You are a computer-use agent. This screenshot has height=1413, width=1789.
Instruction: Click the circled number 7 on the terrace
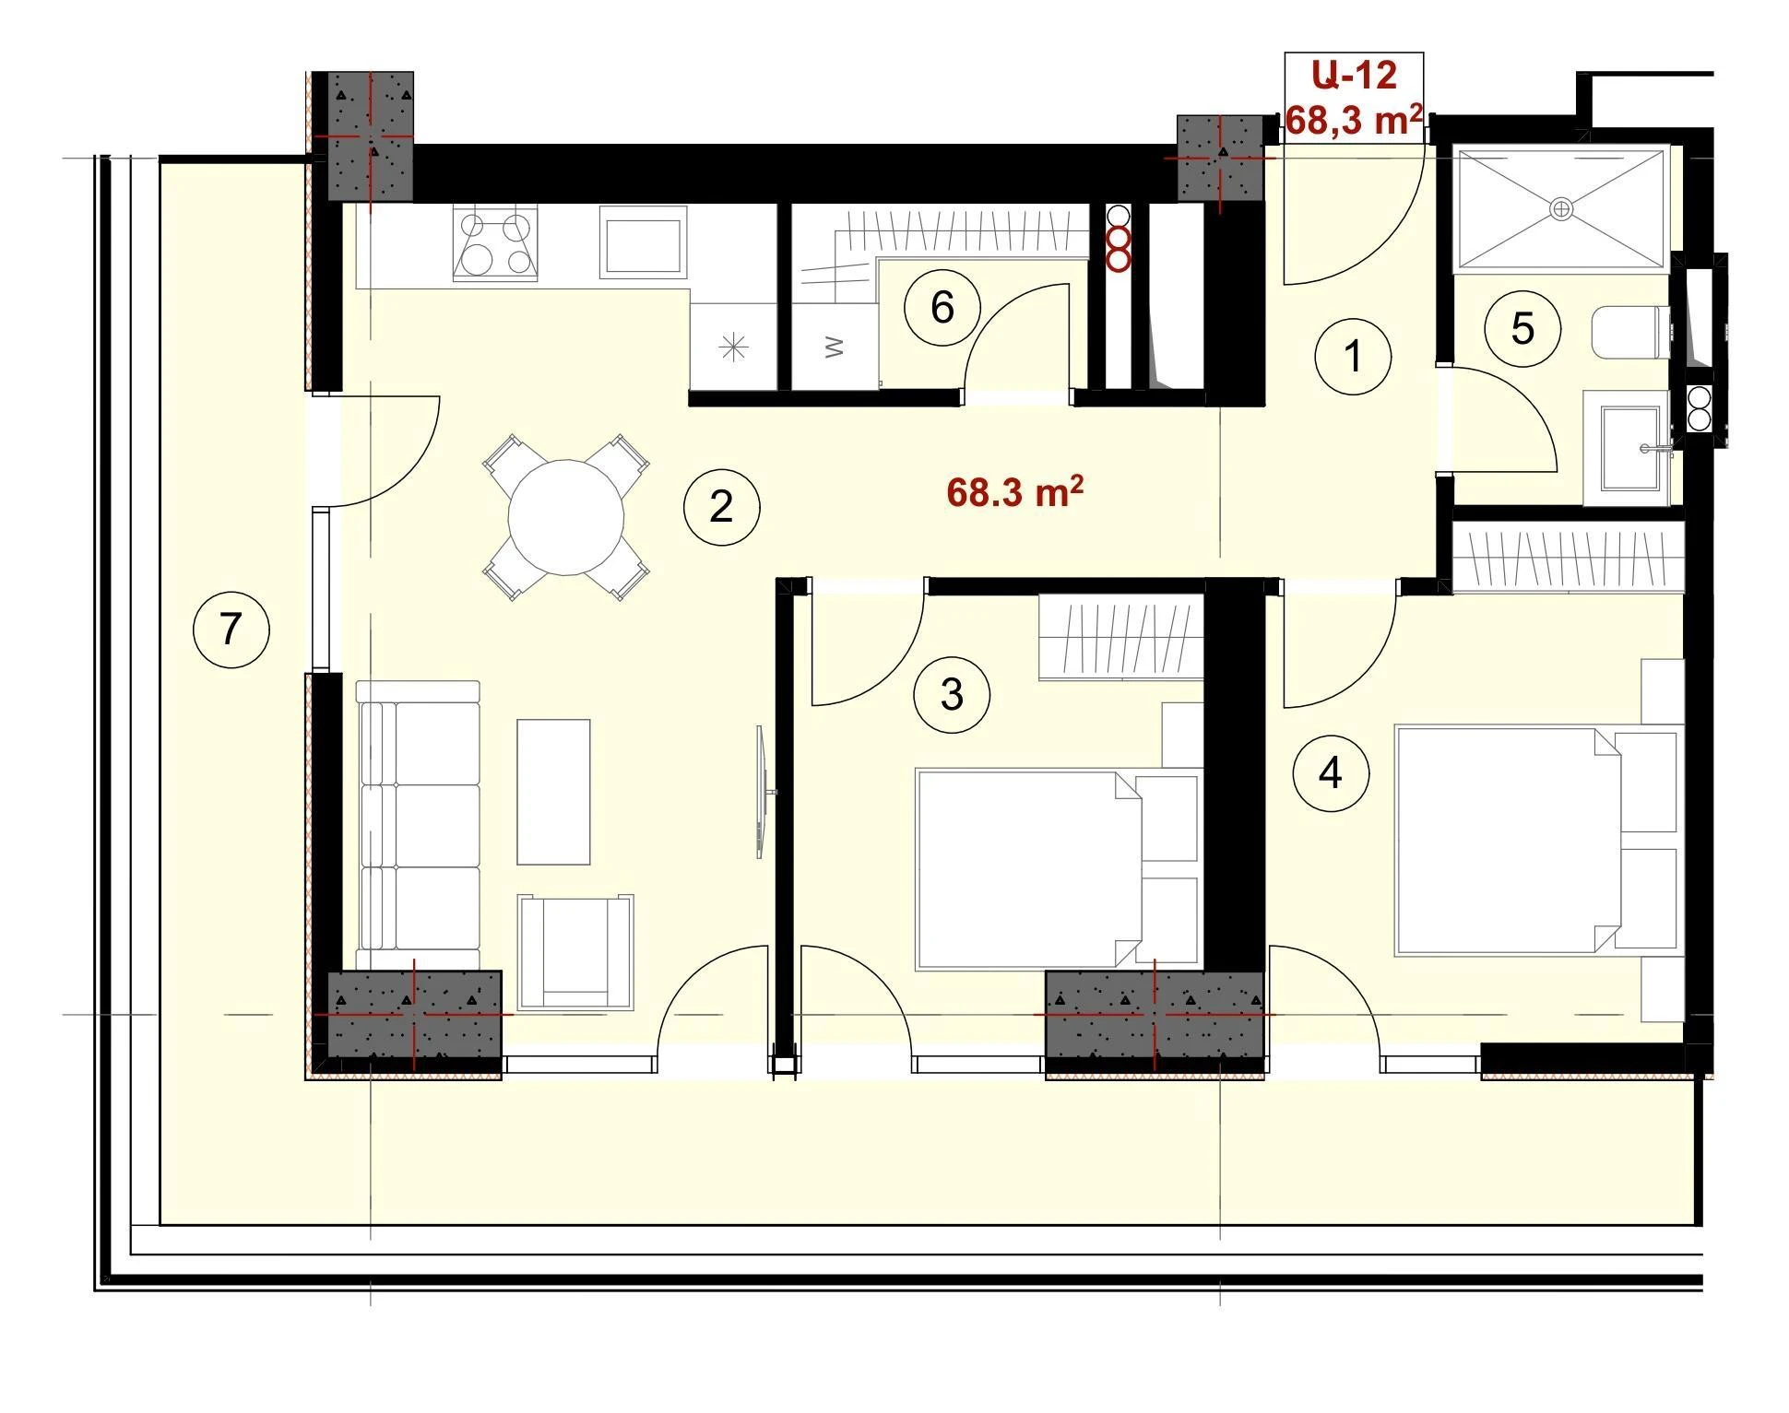point(231,630)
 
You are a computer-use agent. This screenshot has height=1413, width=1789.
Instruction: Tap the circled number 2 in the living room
point(721,507)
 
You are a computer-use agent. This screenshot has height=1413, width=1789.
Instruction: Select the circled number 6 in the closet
point(942,308)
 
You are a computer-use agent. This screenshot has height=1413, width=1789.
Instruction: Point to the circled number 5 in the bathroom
point(1522,328)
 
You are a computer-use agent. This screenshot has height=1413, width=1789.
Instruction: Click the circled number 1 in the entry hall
point(1353,356)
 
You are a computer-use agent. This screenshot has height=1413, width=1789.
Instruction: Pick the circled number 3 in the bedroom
point(952,694)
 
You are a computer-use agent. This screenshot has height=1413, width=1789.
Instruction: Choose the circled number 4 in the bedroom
point(1331,773)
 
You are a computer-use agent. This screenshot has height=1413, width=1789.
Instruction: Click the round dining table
point(566,518)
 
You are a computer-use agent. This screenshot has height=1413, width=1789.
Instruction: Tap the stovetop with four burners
point(496,242)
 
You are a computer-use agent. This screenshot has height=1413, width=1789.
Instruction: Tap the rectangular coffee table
point(553,792)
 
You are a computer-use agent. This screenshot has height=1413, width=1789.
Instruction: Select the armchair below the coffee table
point(575,952)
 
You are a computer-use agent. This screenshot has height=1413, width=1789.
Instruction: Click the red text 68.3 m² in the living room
point(1014,492)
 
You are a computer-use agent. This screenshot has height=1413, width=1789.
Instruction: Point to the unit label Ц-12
point(1354,75)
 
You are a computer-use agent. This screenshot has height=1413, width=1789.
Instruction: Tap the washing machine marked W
point(834,347)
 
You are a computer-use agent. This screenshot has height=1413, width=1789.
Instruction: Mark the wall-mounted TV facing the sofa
point(764,792)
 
